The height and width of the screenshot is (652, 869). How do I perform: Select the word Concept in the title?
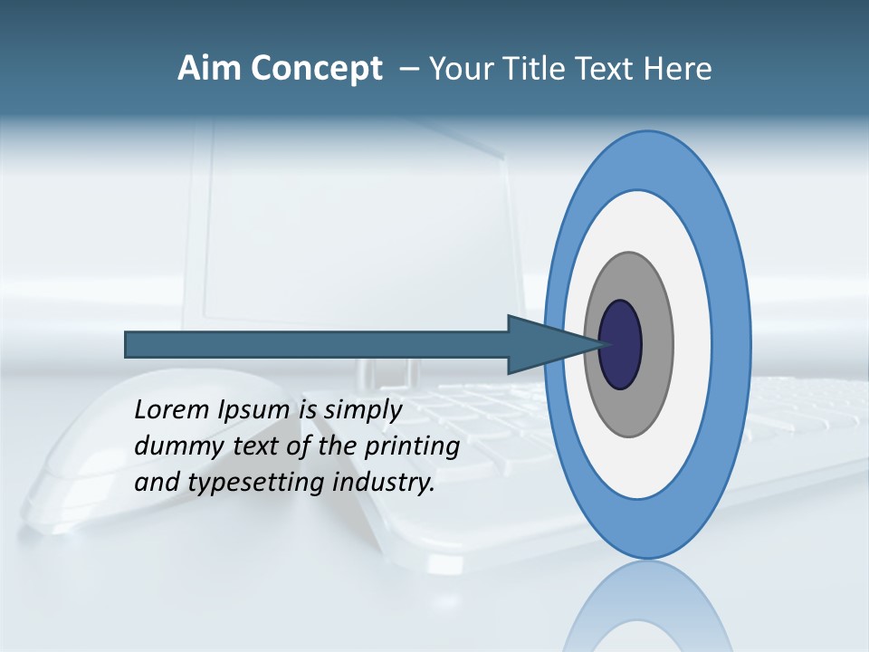click(316, 69)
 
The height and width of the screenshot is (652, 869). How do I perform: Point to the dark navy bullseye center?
click(621, 345)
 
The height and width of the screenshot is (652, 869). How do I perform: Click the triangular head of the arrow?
click(543, 345)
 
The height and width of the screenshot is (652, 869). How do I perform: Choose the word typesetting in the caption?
click(256, 484)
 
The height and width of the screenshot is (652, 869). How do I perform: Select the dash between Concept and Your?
click(409, 69)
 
